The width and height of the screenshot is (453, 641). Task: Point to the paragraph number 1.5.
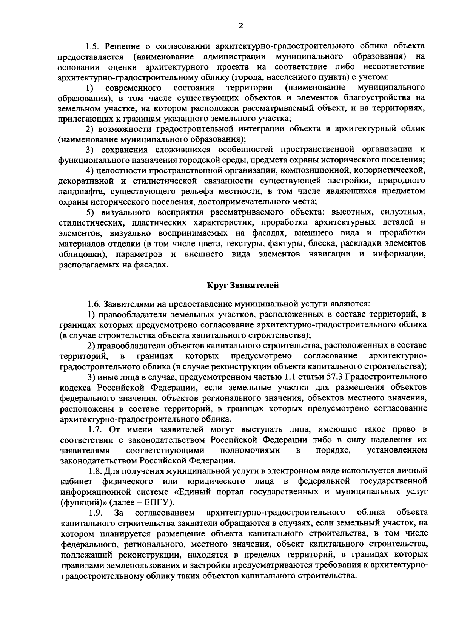(92, 46)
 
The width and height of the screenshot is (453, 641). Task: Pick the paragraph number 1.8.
(96, 471)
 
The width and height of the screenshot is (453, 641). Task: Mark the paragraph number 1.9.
(96, 513)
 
